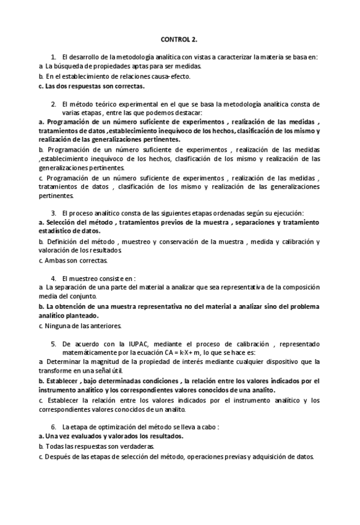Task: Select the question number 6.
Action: (54, 427)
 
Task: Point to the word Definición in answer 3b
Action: (63, 241)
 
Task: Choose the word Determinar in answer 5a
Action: (64, 362)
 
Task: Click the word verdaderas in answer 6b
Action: (140, 446)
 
